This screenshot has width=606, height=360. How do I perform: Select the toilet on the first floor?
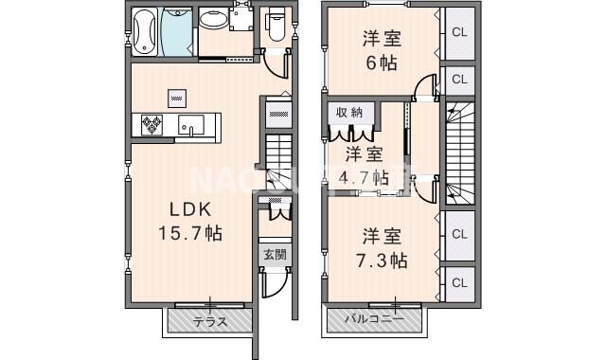click(x=276, y=24)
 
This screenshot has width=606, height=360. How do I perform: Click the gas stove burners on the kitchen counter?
click(x=151, y=123)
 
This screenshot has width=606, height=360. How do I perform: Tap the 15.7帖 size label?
click(x=191, y=232)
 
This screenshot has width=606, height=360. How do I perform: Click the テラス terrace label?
click(x=209, y=321)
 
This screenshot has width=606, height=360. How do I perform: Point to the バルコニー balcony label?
click(x=373, y=320)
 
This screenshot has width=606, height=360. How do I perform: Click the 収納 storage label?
click(x=348, y=112)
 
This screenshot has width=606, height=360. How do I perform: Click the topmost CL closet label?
click(x=459, y=31)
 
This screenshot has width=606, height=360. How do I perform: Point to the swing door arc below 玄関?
click(x=273, y=283)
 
